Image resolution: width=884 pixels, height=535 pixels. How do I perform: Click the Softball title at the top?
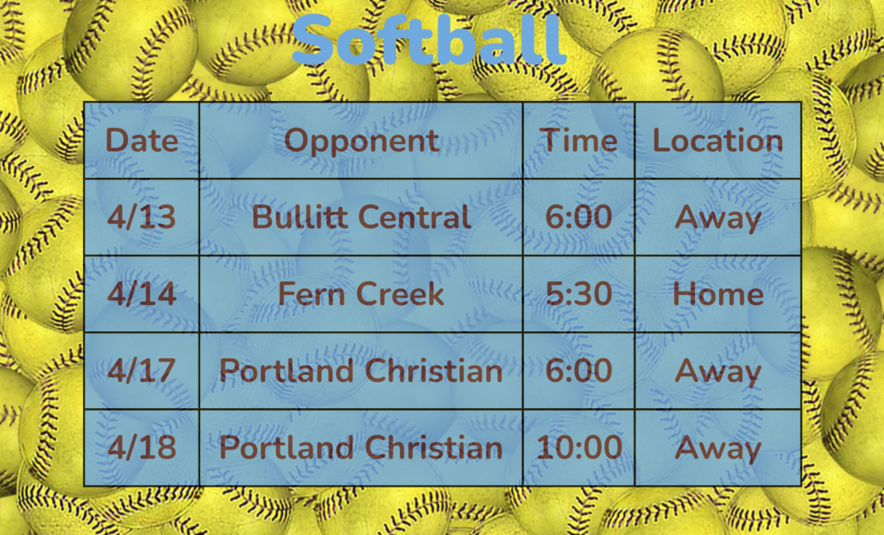429,40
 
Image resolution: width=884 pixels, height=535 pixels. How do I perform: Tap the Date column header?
142,141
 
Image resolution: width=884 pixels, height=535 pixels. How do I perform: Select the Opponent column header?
361,141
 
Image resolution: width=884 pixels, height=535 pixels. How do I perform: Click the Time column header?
578,141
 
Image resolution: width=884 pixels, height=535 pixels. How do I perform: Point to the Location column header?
717,141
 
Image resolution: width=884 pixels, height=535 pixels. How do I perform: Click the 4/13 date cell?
142,217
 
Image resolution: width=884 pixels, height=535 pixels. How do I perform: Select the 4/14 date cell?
142,294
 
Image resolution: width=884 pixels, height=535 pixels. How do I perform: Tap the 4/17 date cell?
142,371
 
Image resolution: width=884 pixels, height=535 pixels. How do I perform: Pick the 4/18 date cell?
142,448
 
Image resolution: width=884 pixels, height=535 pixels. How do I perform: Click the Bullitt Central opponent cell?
361,217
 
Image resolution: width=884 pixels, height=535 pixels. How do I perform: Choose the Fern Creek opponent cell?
361,294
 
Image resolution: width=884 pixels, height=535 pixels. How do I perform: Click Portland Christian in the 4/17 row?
361,371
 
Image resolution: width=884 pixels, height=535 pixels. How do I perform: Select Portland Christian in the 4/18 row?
361,448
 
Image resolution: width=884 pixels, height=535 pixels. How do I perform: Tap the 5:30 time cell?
578,294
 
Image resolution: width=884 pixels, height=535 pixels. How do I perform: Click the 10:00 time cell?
578,448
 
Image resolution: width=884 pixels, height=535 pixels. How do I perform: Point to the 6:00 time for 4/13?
578,217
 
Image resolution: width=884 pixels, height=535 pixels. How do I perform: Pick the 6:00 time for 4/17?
578,371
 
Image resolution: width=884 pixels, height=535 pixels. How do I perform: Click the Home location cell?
717,294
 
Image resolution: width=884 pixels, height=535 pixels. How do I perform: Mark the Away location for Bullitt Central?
717,217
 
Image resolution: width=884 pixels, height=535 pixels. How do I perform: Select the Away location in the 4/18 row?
717,448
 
